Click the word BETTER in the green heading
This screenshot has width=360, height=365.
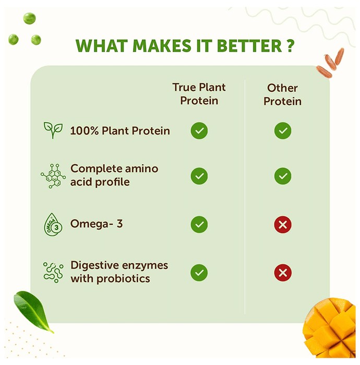[x=249, y=45]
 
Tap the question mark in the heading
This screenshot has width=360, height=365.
[x=290, y=45]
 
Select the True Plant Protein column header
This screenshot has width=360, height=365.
[x=199, y=94]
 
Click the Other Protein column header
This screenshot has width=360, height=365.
[x=282, y=94]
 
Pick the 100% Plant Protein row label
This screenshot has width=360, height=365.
[x=120, y=130]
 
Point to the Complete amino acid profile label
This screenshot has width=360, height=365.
[x=114, y=175]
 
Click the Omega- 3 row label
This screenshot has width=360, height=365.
[x=97, y=224]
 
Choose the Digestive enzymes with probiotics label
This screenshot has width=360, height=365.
[x=119, y=272]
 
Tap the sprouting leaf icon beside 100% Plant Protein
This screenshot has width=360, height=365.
[x=53, y=130]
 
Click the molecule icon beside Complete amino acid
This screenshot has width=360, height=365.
[x=53, y=176]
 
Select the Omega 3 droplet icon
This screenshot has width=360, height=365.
[x=53, y=224]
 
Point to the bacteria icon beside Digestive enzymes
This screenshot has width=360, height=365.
[x=53, y=272]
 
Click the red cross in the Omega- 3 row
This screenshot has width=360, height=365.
[x=283, y=225]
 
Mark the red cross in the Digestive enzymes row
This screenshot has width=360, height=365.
[x=283, y=273]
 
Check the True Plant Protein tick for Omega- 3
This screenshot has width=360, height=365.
[x=199, y=224]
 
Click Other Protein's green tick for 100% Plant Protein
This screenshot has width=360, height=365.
[x=283, y=130]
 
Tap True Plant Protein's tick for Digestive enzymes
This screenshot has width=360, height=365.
[x=199, y=273]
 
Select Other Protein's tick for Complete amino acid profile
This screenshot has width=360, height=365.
[x=283, y=176]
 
